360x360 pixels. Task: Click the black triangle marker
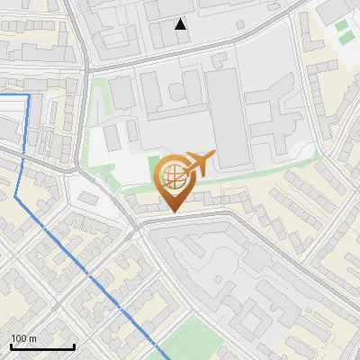[x=182, y=24]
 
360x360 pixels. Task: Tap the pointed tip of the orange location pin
[x=175, y=213]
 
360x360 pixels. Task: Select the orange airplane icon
[x=199, y=163]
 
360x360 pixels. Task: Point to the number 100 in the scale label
[x=19, y=338]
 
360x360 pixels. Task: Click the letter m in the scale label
[x=32, y=338]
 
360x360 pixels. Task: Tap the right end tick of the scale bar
[x=74, y=346]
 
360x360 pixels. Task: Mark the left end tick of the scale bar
[x=10, y=346]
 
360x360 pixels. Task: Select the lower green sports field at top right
[x=341, y=39]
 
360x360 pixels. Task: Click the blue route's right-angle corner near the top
[x=29, y=94]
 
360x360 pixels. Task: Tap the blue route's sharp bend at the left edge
[x=15, y=195]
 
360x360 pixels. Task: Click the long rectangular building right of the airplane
[x=227, y=117]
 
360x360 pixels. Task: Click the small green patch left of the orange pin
[x=152, y=167]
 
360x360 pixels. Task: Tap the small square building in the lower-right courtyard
[x=257, y=260]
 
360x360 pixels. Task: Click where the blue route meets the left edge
[x=1, y=94]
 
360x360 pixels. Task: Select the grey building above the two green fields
[x=333, y=9]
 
